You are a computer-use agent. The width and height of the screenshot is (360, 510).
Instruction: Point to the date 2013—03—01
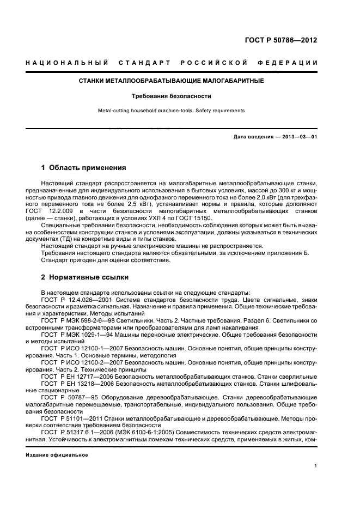[x=300, y=137]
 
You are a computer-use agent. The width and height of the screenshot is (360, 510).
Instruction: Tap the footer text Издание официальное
[x=57, y=454]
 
